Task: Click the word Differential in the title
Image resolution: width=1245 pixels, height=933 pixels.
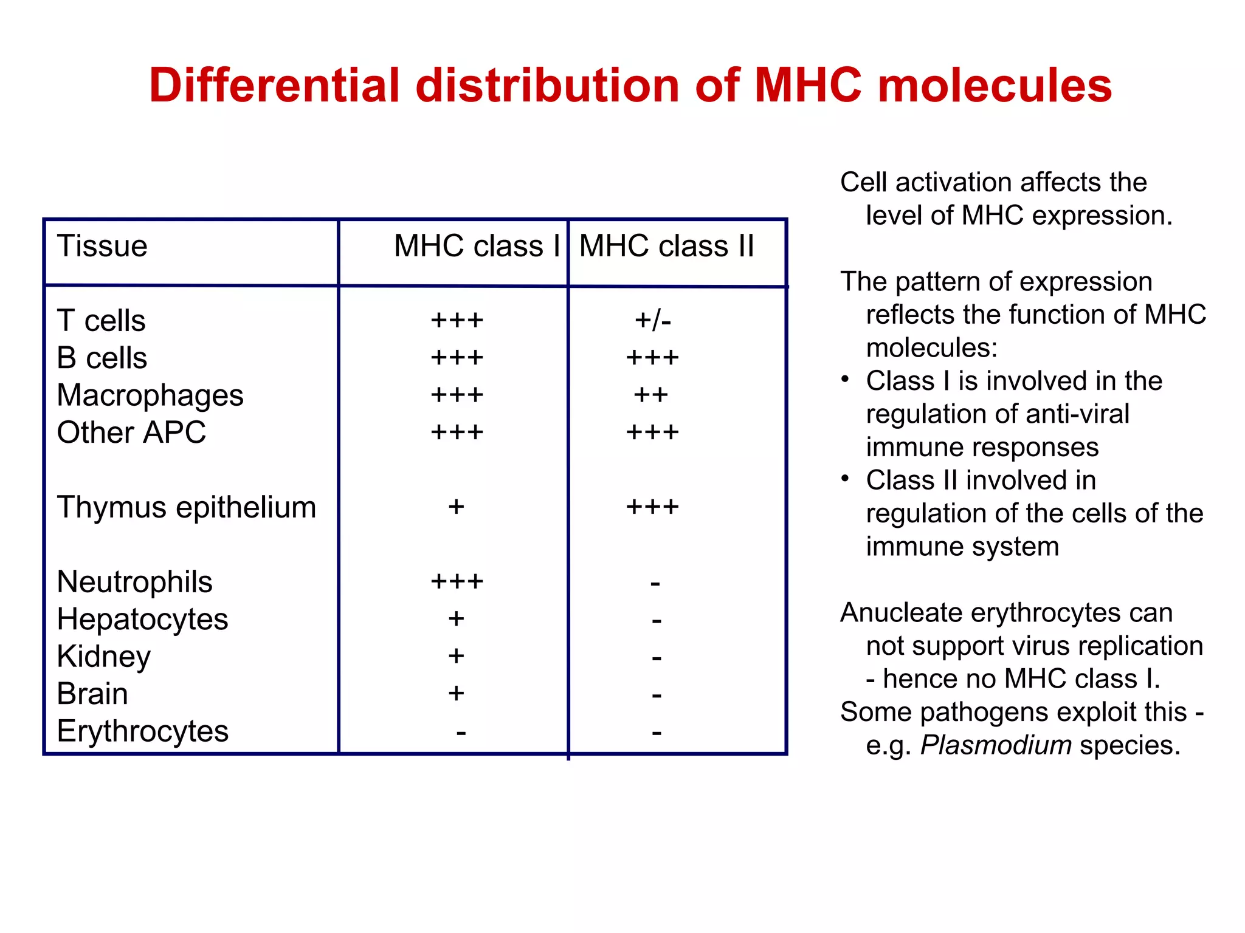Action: [274, 85]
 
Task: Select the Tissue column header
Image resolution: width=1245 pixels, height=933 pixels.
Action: [102, 247]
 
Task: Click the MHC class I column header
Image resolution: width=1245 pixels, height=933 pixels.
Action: [477, 247]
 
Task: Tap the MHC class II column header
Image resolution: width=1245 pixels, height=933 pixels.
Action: [666, 247]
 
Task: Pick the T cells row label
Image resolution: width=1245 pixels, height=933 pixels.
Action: [101, 321]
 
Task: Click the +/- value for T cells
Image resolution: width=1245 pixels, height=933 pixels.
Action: [653, 320]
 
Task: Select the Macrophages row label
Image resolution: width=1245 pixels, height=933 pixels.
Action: [150, 395]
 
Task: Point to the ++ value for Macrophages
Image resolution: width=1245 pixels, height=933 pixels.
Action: [650, 395]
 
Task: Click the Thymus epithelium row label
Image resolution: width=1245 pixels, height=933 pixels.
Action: [186, 507]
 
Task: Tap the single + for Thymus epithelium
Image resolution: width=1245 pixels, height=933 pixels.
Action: [456, 507]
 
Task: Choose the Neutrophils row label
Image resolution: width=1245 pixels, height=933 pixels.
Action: [134, 582]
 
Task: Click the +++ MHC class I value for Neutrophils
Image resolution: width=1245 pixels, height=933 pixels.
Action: [457, 582]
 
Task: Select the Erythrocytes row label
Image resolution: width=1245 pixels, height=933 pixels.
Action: [142, 731]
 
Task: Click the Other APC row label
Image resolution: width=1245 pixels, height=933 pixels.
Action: [131, 432]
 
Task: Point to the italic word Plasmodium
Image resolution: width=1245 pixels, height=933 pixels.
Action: [996, 745]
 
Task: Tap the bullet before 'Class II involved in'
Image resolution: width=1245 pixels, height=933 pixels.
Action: [845, 479]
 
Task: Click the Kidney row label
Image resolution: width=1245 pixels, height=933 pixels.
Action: [103, 657]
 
